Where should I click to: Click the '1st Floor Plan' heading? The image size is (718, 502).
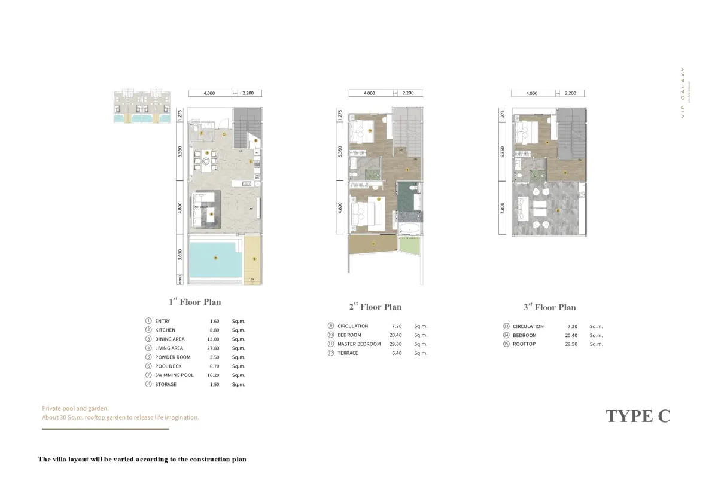pyautogui.click(x=194, y=302)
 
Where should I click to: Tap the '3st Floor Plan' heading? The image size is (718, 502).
pyautogui.click(x=549, y=307)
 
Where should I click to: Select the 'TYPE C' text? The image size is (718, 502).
pyautogui.click(x=638, y=416)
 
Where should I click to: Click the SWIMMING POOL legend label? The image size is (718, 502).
pyautogui.click(x=174, y=375)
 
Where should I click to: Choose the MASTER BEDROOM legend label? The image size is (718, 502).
pyautogui.click(x=359, y=344)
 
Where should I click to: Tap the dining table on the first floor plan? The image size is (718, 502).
pyautogui.click(x=206, y=161)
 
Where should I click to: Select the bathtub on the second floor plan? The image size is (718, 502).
pyautogui.click(x=409, y=228)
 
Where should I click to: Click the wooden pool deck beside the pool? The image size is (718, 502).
pyautogui.click(x=254, y=258)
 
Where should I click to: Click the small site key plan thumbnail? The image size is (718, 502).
pyautogui.click(x=142, y=106)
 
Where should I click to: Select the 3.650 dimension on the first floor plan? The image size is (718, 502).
pyautogui.click(x=180, y=255)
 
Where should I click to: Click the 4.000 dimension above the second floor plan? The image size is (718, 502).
pyautogui.click(x=370, y=93)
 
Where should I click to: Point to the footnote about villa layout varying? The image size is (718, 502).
pyautogui.click(x=142, y=460)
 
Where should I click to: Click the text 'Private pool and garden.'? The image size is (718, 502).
pyautogui.click(x=75, y=408)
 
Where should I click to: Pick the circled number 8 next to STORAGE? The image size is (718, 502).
pyautogui.click(x=148, y=384)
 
